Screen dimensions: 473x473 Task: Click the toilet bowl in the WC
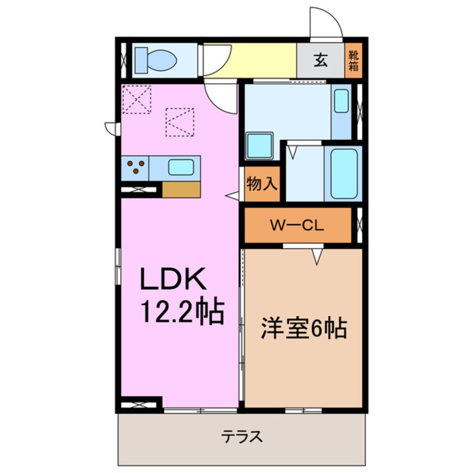click(x=160, y=60)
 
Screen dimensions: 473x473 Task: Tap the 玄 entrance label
click(x=320, y=60)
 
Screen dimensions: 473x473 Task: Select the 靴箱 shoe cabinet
click(x=353, y=60)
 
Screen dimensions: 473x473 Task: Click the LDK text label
click(x=173, y=279)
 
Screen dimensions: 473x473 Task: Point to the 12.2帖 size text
click(x=182, y=312)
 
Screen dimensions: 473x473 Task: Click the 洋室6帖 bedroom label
click(x=304, y=328)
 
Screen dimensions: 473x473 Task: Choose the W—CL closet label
click(x=297, y=225)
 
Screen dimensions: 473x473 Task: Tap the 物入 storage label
click(x=262, y=183)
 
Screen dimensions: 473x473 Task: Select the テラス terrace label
click(x=242, y=437)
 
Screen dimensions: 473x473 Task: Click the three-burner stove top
click(x=135, y=168)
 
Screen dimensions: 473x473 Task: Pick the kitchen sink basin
click(x=181, y=167)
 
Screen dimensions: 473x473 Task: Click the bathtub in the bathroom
click(x=344, y=174)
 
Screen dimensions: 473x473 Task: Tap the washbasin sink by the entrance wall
click(x=342, y=101)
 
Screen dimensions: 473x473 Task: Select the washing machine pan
click(x=259, y=146)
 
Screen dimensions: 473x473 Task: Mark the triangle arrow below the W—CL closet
click(x=317, y=257)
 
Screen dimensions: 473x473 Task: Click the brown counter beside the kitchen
click(x=181, y=190)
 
